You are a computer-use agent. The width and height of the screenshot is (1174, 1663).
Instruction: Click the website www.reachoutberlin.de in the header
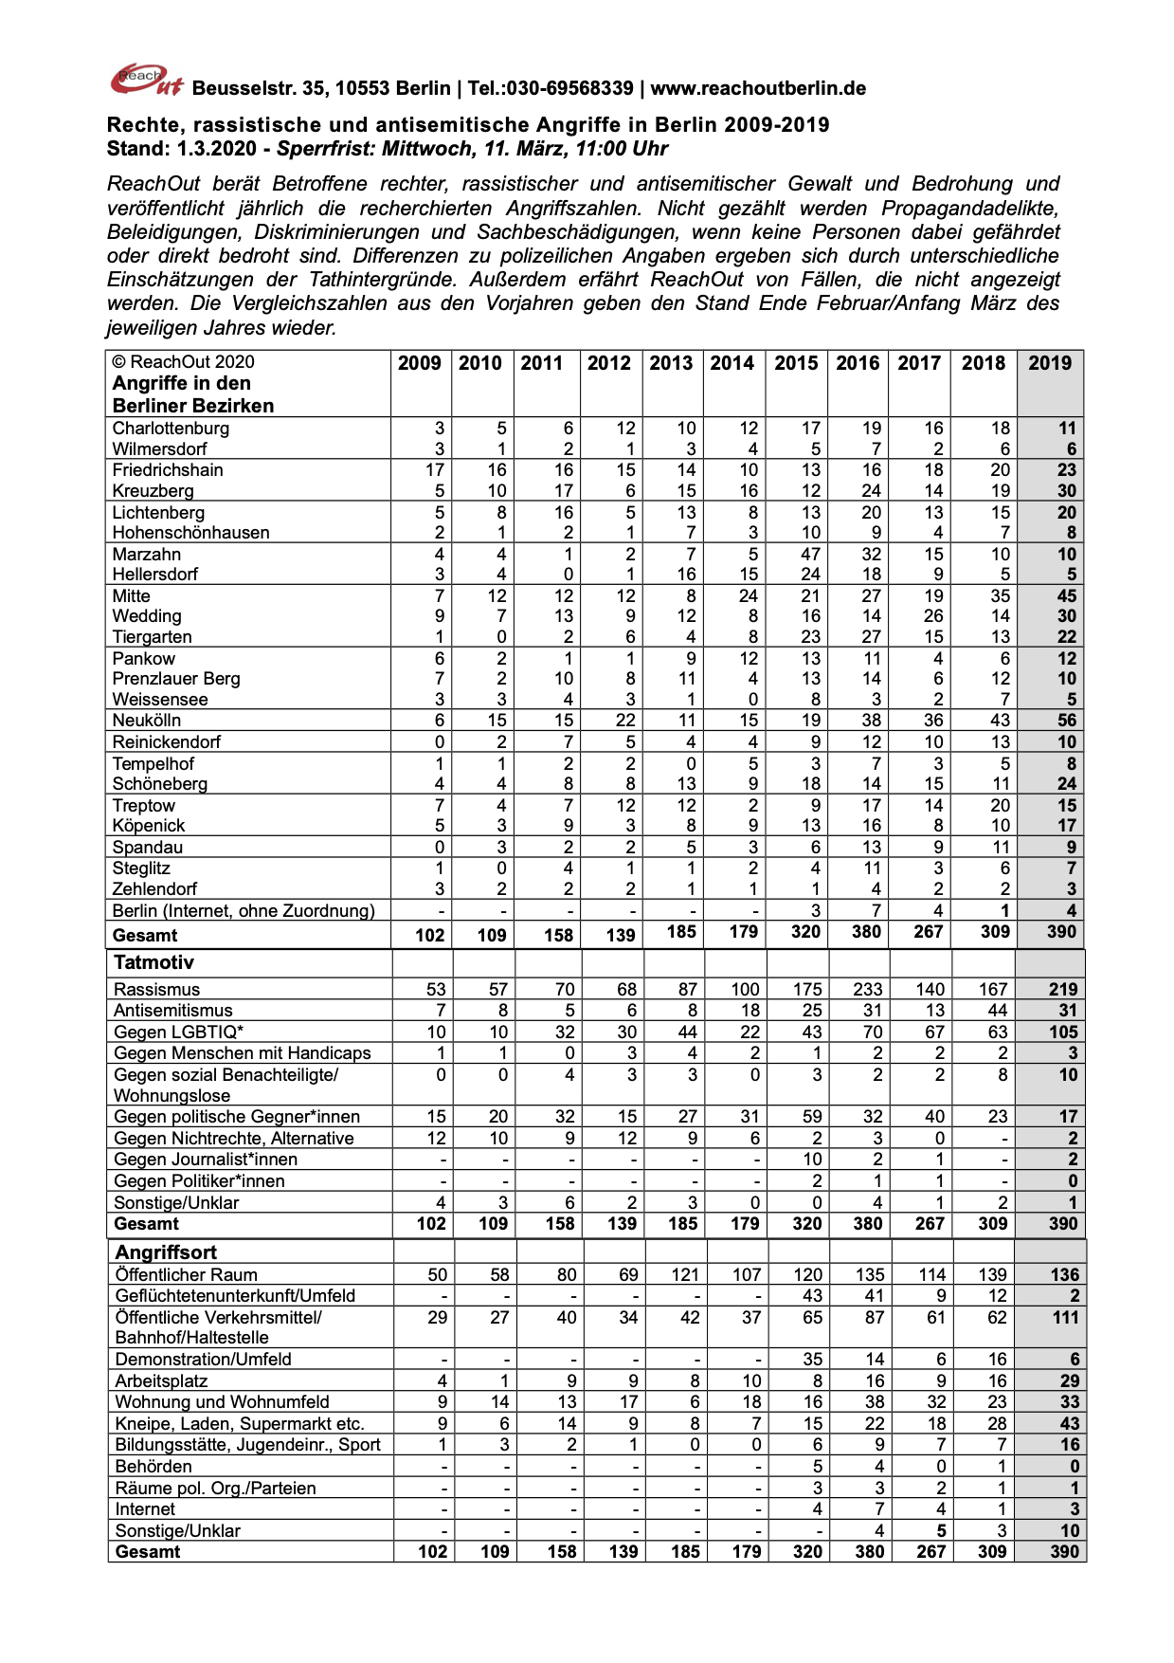pyautogui.click(x=758, y=89)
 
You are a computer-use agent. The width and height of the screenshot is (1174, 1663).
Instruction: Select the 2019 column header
pyautogui.click(x=1050, y=363)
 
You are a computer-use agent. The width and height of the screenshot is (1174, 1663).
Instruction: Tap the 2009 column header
pyautogui.click(x=419, y=363)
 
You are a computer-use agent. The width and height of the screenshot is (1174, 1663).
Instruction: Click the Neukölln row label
pyautogui.click(x=147, y=721)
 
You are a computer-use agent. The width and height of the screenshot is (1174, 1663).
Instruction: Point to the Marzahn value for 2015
pyautogui.click(x=810, y=555)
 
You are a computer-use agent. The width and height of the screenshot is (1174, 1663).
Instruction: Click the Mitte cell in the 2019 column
pyautogui.click(x=1066, y=596)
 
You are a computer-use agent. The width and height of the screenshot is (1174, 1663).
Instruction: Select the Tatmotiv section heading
pyautogui.click(x=154, y=962)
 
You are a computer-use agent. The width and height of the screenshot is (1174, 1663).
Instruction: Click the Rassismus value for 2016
pyautogui.click(x=867, y=990)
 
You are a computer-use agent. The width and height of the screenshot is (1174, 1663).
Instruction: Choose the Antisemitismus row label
pyautogui.click(x=172, y=1011)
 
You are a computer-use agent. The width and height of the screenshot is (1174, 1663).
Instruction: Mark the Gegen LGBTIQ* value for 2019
pyautogui.click(x=1063, y=1033)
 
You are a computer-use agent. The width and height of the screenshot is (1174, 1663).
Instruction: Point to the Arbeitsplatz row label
pyautogui.click(x=161, y=1381)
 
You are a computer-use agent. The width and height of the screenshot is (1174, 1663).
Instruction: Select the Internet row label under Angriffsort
pyautogui.click(x=145, y=1509)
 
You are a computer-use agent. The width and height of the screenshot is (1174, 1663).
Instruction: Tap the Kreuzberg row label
pyautogui.click(x=153, y=491)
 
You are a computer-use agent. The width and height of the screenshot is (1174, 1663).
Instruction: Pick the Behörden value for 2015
pyautogui.click(x=817, y=1467)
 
